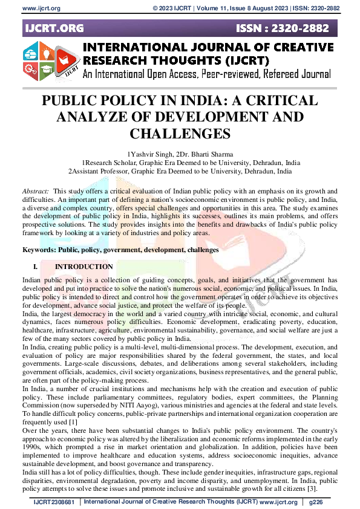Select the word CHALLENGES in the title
pos(180,133)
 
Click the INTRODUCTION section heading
pos(83,267)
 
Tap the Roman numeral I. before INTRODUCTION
pos(35,267)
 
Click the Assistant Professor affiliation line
pos(180,171)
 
